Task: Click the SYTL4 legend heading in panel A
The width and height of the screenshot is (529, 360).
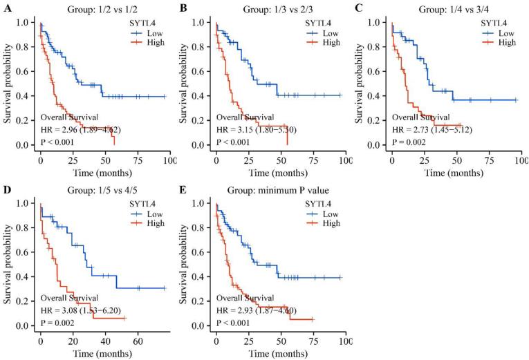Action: [135, 21]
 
